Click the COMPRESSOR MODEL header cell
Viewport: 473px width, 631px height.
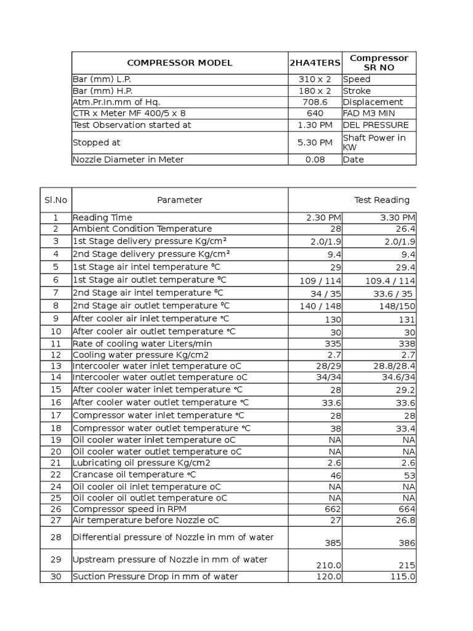[x=179, y=63]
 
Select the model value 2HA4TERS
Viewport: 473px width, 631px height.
[x=315, y=63]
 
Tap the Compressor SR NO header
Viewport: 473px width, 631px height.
[x=379, y=63]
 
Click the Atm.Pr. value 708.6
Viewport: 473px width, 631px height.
[x=315, y=102]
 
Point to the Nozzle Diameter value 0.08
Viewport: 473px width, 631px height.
[x=315, y=160]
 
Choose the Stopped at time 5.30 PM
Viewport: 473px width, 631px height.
[x=315, y=142]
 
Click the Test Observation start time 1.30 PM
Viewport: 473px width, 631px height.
[x=315, y=125]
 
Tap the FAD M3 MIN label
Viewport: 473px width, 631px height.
[x=369, y=113]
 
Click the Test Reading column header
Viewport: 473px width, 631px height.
[x=381, y=200]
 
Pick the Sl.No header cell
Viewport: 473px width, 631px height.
[x=55, y=200]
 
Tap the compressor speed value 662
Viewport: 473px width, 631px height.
[x=333, y=509]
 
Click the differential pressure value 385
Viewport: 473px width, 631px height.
[x=333, y=543]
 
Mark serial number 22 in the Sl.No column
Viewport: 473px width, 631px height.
[x=55, y=474]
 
